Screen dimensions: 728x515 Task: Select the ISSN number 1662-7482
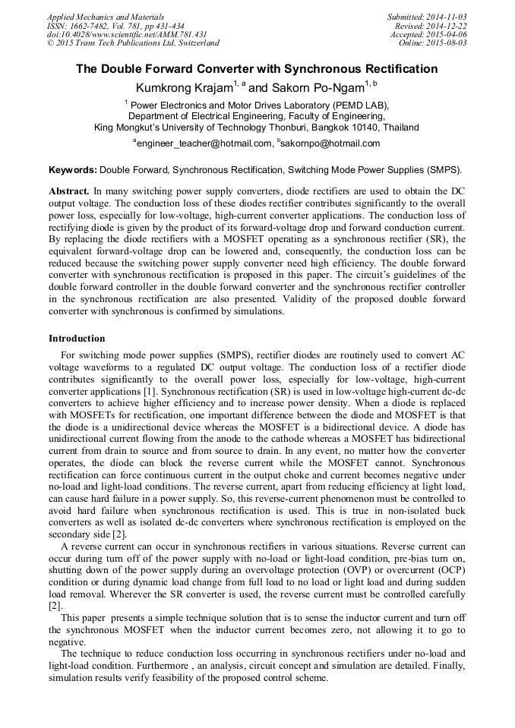(90, 25)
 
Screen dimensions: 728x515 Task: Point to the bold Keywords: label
(73, 170)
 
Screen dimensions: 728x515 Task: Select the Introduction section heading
(77, 338)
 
